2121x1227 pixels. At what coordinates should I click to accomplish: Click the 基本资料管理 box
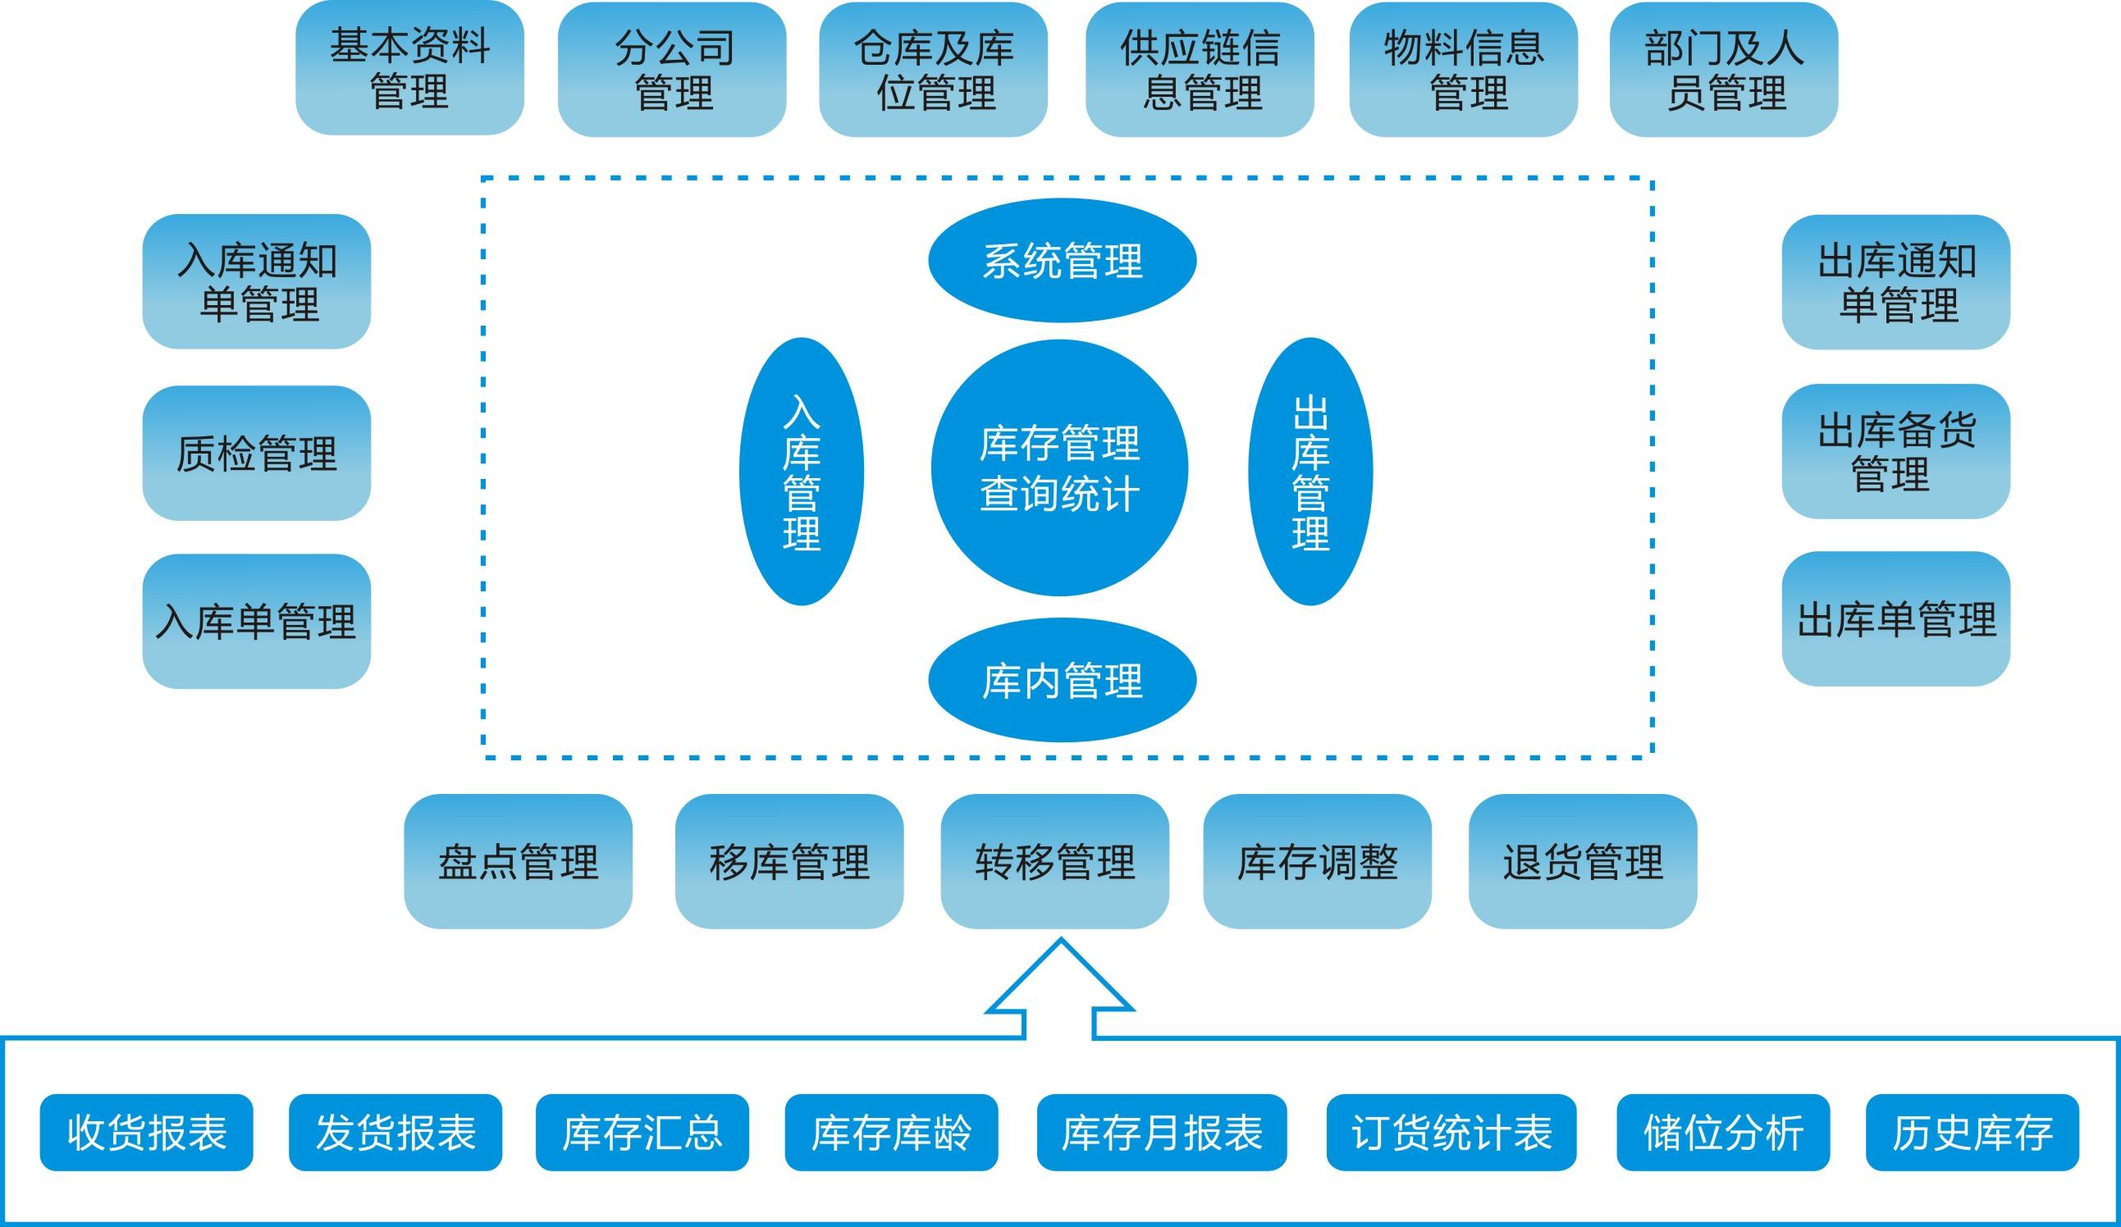(409, 68)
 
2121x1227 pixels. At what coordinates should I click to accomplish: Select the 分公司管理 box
(672, 70)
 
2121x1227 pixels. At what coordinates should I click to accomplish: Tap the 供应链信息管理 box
(1200, 70)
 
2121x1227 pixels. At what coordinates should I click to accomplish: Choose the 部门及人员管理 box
(1724, 70)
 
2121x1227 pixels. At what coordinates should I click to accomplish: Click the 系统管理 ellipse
(1063, 261)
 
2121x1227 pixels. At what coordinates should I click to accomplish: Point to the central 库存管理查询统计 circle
(1059, 468)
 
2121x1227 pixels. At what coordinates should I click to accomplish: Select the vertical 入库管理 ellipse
(802, 472)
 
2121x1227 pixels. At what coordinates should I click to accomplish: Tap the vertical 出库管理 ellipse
(1310, 472)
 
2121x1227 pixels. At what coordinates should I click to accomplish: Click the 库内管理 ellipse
(1063, 680)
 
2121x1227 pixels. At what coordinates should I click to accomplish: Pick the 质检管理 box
(257, 453)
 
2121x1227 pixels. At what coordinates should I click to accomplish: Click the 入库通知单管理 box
(257, 282)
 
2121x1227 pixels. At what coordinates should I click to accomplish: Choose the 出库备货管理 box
(1895, 451)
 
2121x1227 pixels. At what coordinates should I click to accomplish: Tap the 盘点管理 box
(518, 862)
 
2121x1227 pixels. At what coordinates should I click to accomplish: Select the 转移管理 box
(1054, 862)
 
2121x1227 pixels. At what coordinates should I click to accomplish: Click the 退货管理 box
(1582, 862)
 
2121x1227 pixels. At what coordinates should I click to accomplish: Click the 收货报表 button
(146, 1132)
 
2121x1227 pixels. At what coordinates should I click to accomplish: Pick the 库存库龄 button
(891, 1132)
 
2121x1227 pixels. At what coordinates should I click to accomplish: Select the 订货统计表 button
(1451, 1132)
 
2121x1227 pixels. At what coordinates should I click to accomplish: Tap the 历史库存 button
(1972, 1132)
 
